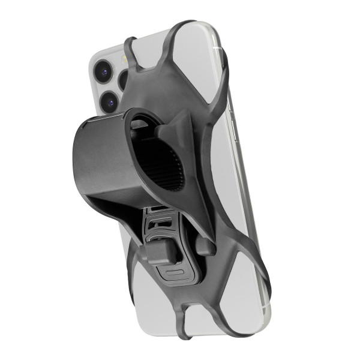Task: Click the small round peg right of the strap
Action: tap(204, 247)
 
